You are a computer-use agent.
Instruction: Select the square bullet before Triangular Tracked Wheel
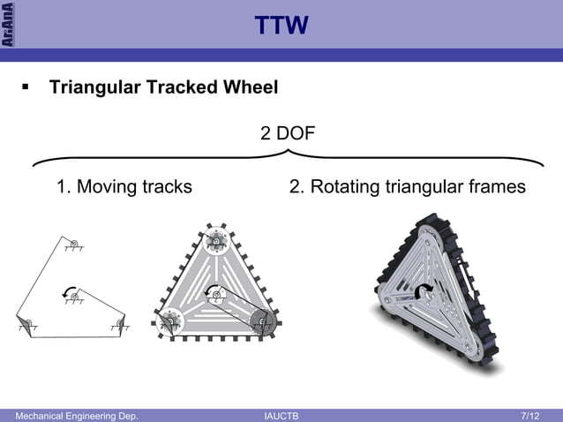[26, 88]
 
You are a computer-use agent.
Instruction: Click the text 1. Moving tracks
[124, 187]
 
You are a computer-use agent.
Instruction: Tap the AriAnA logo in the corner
[7, 24]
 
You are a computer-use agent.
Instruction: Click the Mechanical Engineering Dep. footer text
[71, 415]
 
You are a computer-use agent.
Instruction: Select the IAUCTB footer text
[281, 415]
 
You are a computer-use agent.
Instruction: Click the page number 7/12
[530, 415]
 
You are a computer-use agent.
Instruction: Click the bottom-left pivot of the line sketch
[26, 323]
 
